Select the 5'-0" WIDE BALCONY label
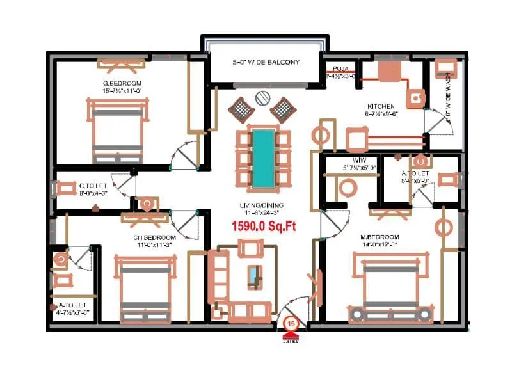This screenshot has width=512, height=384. pyautogui.click(x=266, y=63)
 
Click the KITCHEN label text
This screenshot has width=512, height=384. pyautogui.click(x=380, y=106)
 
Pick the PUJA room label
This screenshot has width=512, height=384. pyautogui.click(x=339, y=68)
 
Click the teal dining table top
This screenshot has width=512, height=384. pyautogui.click(x=262, y=157)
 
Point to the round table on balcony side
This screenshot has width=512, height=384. pyautogui.click(x=262, y=98)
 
